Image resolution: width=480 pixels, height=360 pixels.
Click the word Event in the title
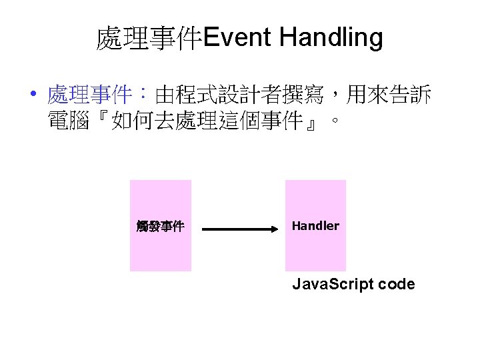click(237, 38)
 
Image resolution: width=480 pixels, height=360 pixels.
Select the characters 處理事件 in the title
click(149, 39)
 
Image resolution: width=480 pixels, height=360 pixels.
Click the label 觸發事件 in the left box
click(160, 227)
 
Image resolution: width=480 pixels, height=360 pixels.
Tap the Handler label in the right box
click(315, 226)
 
